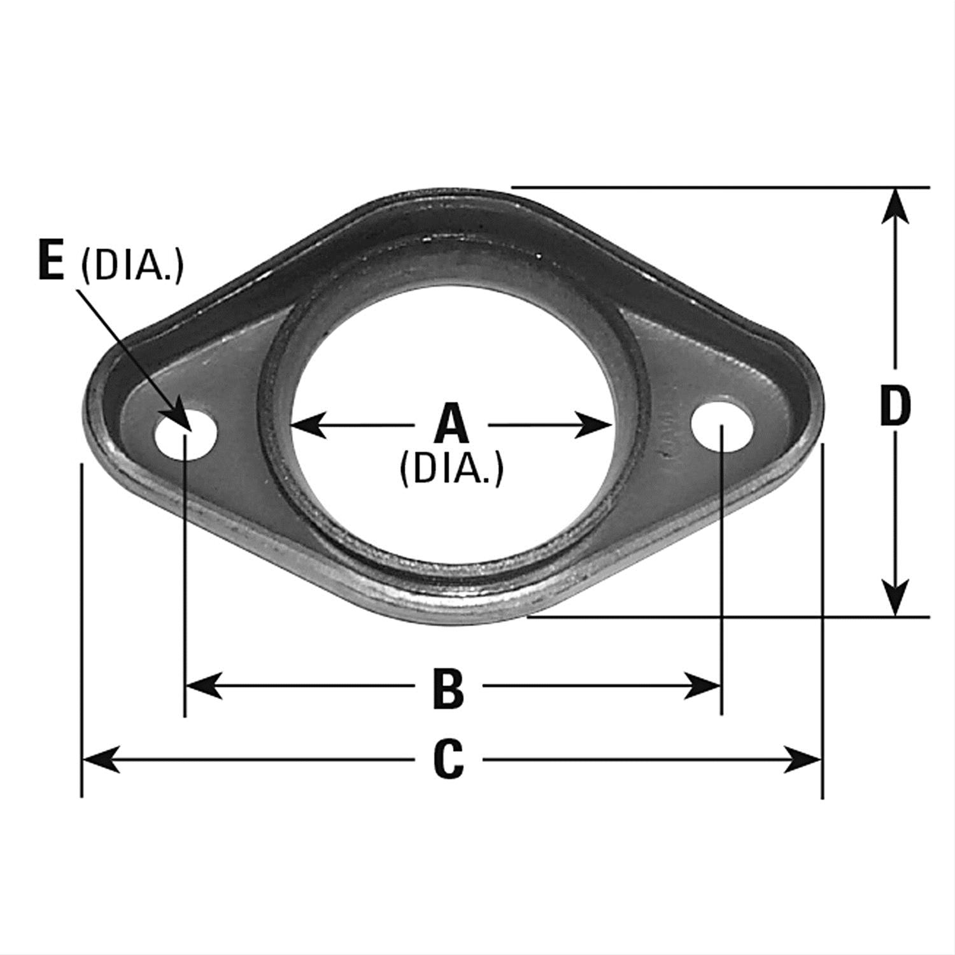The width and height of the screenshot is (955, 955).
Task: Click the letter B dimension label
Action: [448, 688]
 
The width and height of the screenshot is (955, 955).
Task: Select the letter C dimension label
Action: [449, 760]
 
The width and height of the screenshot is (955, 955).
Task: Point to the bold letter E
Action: [52, 262]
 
